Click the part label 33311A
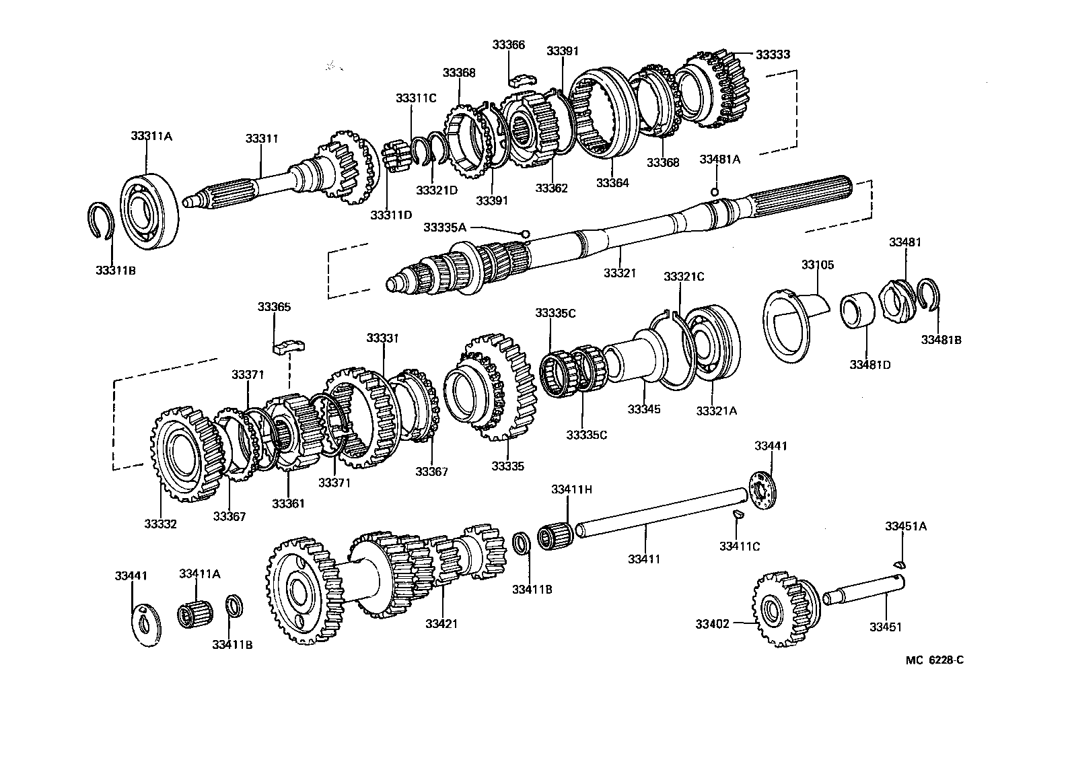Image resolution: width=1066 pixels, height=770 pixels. (151, 136)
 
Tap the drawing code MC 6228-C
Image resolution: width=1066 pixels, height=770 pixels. (934, 660)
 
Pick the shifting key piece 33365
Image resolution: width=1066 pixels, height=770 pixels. (290, 347)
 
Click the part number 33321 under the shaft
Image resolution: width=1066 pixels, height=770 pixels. (619, 273)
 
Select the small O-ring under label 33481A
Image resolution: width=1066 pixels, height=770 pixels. (715, 192)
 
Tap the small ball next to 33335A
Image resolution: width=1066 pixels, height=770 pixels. (524, 233)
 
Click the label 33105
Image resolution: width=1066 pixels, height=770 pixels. (817, 265)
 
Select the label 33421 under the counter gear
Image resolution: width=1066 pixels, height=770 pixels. (441, 623)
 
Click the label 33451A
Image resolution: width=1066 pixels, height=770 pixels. (905, 526)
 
